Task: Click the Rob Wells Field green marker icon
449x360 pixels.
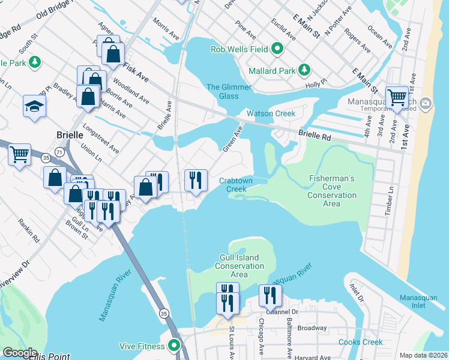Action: pyautogui.click(x=277, y=49)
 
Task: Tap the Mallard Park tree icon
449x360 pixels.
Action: pyautogui.click(x=304, y=71)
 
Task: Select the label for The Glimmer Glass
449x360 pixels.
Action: pyautogui.click(x=228, y=92)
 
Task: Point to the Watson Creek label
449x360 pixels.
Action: pyautogui.click(x=271, y=113)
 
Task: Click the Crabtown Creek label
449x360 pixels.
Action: pyautogui.click(x=235, y=184)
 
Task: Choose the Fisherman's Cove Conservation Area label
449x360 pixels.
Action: pyautogui.click(x=331, y=191)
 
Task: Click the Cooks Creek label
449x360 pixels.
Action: pyautogui.click(x=360, y=342)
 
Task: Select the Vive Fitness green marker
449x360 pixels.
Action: pyautogui.click(x=175, y=346)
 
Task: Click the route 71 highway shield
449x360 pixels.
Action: pyautogui.click(x=59, y=153)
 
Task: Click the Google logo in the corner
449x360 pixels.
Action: pyautogui.click(x=20, y=353)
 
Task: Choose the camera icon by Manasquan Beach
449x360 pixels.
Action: pyautogui.click(x=426, y=104)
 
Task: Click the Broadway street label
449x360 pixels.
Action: pyautogui.click(x=312, y=328)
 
